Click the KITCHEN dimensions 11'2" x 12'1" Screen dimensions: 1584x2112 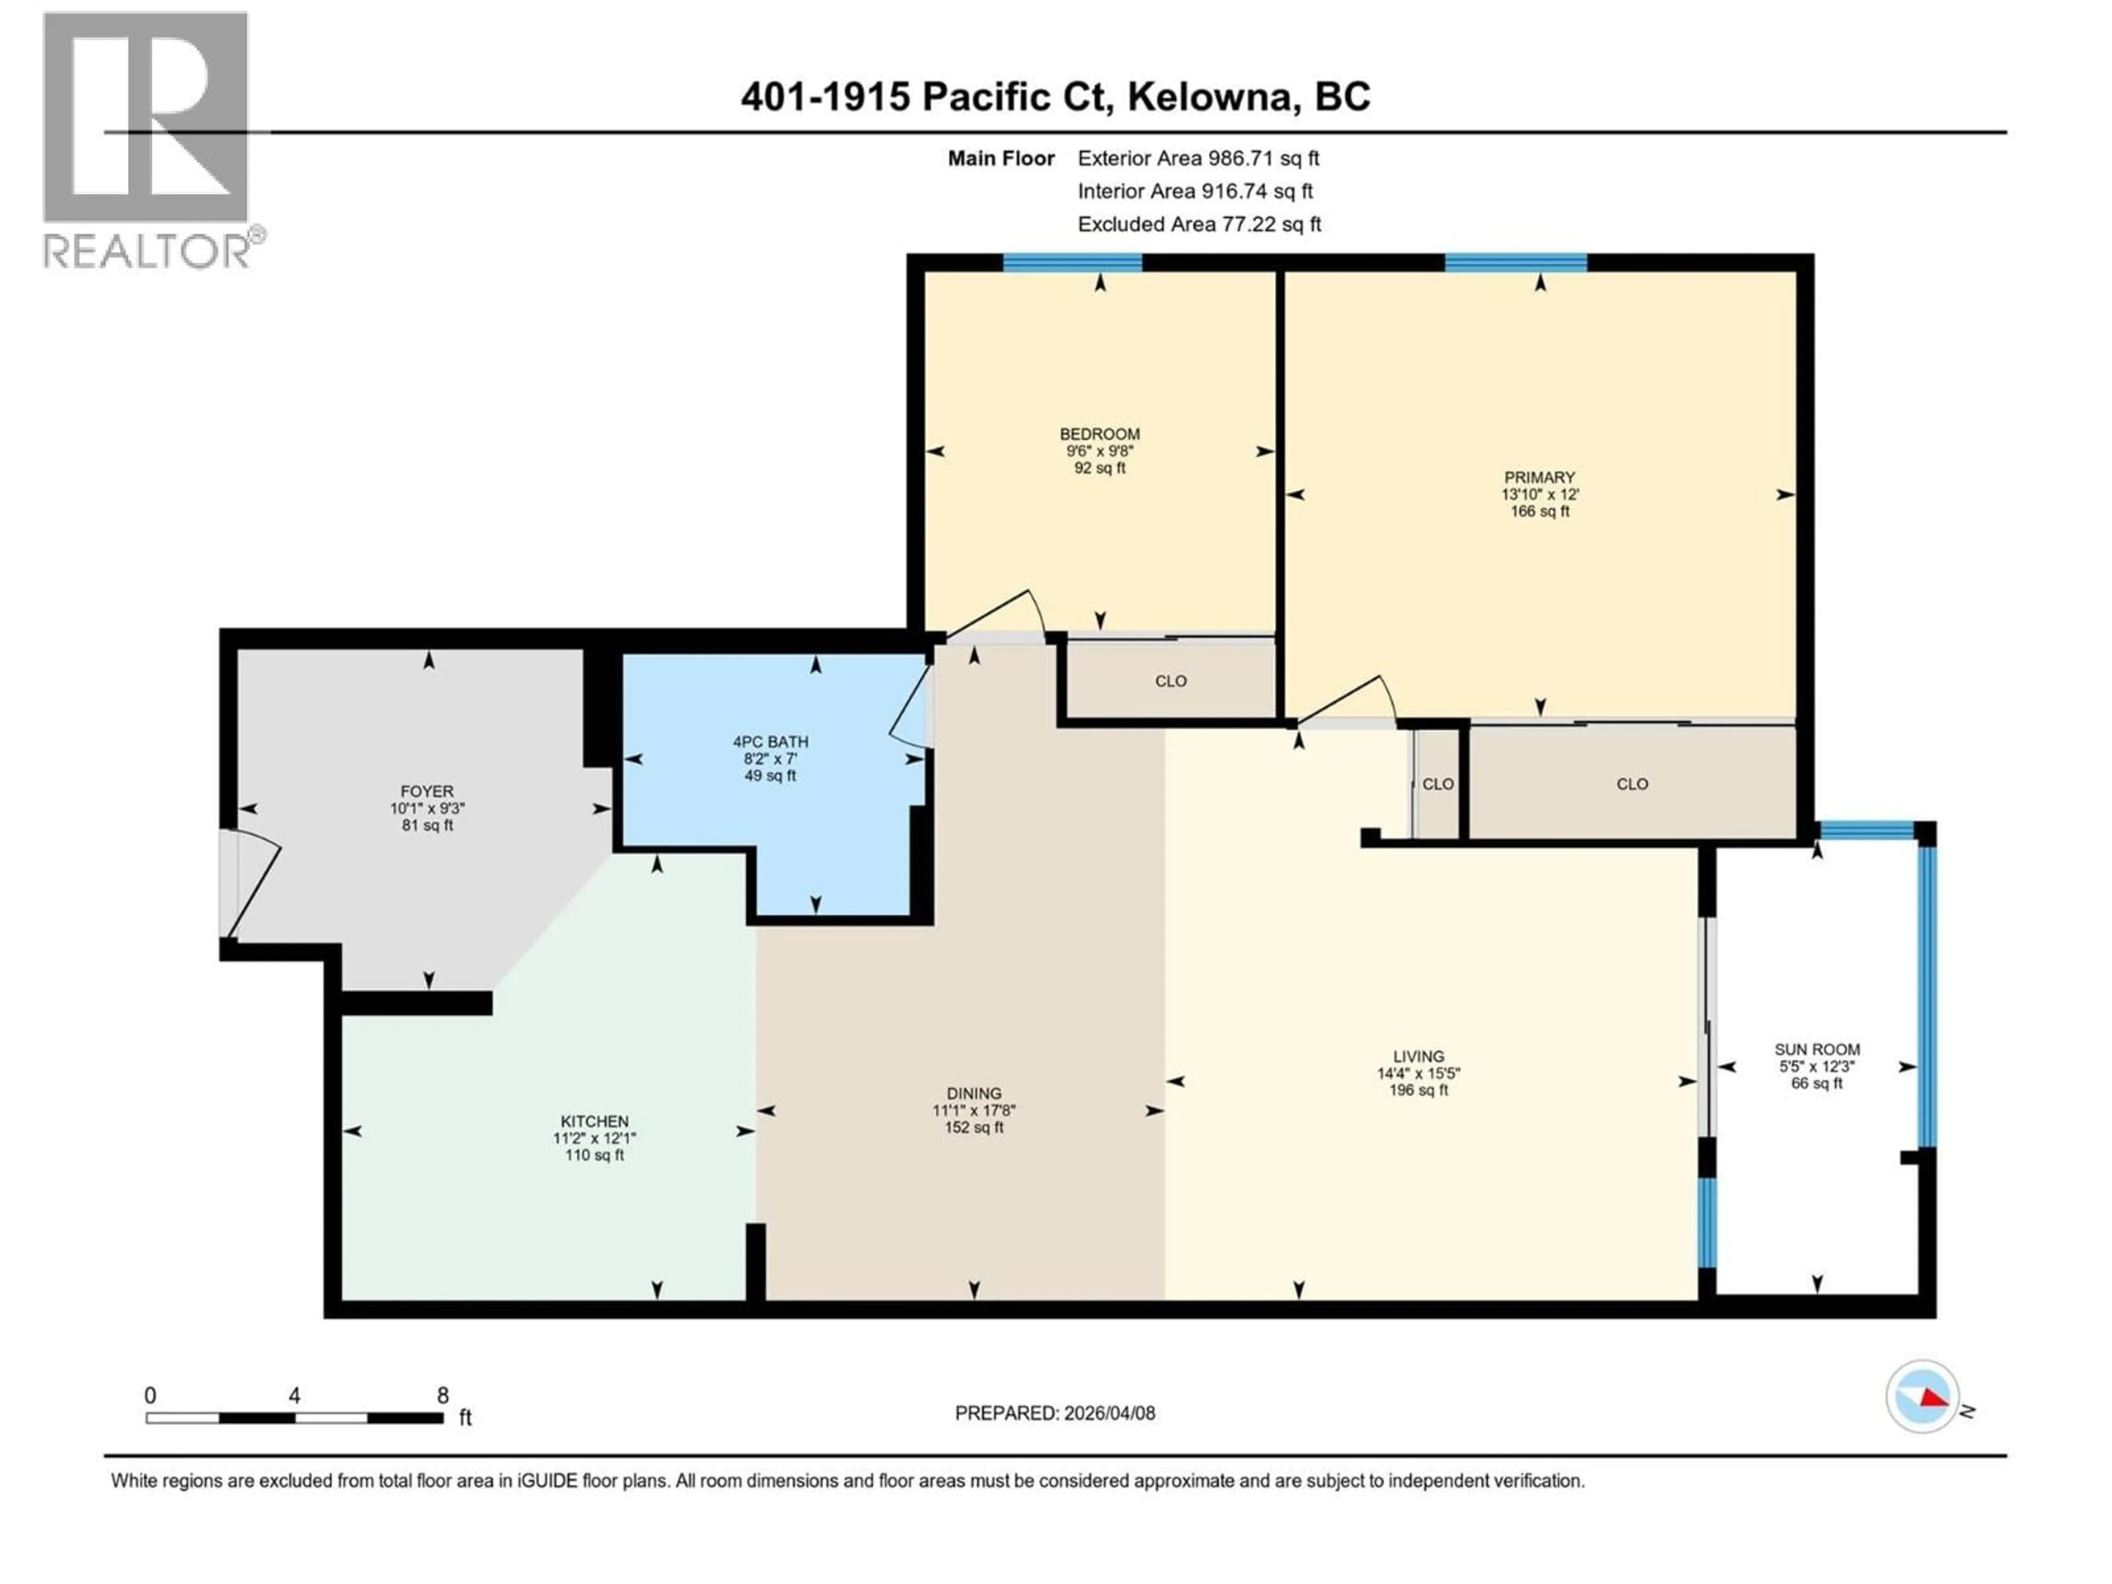pyautogui.click(x=594, y=1138)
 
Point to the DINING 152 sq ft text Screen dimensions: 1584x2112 pyautogui.click(x=974, y=1127)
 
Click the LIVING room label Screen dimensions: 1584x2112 pyautogui.click(x=1418, y=1056)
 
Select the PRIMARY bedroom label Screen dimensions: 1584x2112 pyautogui.click(x=1539, y=477)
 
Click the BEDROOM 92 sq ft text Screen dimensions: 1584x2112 pyautogui.click(x=1100, y=468)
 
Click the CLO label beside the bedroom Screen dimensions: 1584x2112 pyautogui.click(x=1170, y=681)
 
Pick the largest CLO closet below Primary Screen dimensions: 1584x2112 pyautogui.click(x=1632, y=784)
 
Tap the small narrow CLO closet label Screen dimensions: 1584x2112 pyautogui.click(x=1438, y=784)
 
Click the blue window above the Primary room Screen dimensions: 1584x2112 pyautogui.click(x=1515, y=262)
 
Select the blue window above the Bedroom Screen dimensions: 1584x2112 pyautogui.click(x=1072, y=262)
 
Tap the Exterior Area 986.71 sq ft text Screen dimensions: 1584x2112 pyautogui.click(x=1198, y=158)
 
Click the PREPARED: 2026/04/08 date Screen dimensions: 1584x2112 pyautogui.click(x=1055, y=1413)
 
